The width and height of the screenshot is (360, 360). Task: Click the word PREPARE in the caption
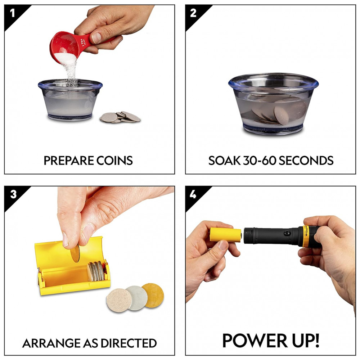68,161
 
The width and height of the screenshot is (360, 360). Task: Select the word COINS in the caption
114,161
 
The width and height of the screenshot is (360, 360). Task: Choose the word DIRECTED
129,343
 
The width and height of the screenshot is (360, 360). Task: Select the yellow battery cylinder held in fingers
225,234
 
